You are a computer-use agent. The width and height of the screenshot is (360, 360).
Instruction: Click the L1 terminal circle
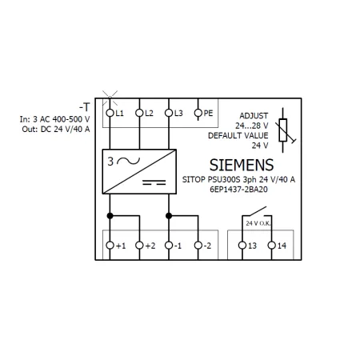point(110,113)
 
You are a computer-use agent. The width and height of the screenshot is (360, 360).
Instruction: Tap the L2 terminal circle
point(139,113)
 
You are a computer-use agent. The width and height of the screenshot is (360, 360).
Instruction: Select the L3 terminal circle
point(169,113)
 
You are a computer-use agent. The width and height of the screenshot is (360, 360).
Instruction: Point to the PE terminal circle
point(198,113)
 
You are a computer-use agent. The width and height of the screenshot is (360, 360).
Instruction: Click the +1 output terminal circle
point(110,246)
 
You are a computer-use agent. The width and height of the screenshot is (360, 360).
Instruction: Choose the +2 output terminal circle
point(139,246)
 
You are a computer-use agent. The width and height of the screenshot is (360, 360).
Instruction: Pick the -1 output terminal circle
point(169,246)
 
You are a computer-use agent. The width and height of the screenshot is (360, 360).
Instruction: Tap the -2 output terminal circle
point(198,246)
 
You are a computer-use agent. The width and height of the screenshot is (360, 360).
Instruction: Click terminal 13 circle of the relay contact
point(242,246)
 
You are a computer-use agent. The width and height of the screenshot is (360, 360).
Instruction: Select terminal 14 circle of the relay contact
point(272,246)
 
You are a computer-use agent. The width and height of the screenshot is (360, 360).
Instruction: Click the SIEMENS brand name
point(242,165)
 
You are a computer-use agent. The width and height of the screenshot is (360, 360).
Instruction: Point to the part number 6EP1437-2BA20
point(238,190)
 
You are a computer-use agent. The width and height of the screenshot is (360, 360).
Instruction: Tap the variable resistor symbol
point(284,130)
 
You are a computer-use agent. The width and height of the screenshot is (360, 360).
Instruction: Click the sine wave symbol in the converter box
point(129,161)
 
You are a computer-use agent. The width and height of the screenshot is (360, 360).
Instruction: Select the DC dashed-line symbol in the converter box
point(154,182)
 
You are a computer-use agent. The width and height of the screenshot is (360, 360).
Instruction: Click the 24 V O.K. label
point(258,223)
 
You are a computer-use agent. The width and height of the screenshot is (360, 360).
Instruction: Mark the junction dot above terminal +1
point(110,216)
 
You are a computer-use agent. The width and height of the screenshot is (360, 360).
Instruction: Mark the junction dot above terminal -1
point(169,216)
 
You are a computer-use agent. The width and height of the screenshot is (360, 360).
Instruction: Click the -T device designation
point(85,107)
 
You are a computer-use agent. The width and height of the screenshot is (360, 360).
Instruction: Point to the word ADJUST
point(254,116)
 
